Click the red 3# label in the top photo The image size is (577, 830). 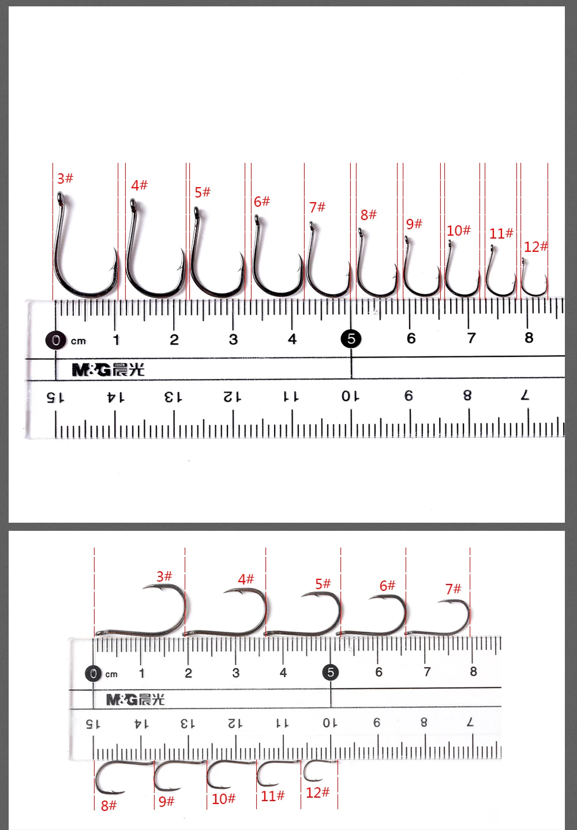tap(65, 178)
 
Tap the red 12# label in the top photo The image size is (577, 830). tap(535, 247)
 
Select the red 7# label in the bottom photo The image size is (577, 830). tap(453, 589)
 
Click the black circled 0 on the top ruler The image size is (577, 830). tap(56, 340)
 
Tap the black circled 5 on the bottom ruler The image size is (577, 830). tap(331, 672)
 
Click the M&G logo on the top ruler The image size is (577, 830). tap(108, 370)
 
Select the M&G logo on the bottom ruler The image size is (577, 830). tap(136, 699)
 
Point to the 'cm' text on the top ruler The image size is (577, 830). tap(78, 341)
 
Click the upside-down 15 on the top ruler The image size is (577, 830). tap(55, 398)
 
